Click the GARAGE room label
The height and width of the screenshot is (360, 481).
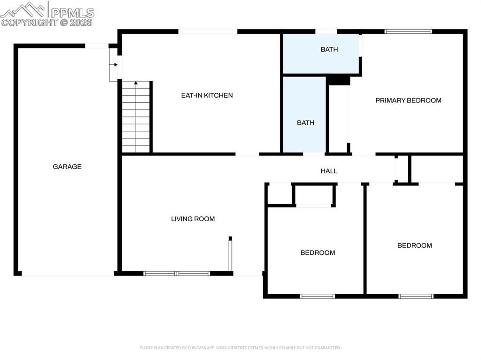click(x=67, y=167)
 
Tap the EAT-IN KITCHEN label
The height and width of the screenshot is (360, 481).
click(x=207, y=95)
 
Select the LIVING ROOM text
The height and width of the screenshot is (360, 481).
click(x=193, y=219)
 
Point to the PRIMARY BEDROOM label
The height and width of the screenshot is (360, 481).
click(x=408, y=100)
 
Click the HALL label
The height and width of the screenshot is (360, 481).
click(x=329, y=171)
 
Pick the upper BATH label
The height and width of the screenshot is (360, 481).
click(x=329, y=49)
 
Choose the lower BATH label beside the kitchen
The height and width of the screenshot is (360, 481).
click(x=305, y=123)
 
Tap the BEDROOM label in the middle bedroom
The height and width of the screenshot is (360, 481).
click(x=318, y=253)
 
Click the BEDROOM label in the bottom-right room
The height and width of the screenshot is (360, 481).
click(x=414, y=245)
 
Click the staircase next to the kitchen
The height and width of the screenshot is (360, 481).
click(x=136, y=120)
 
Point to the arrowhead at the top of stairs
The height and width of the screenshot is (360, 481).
click(x=136, y=83)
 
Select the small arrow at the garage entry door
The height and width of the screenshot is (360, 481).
click(x=115, y=65)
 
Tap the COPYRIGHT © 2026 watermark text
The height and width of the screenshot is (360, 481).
click(x=47, y=22)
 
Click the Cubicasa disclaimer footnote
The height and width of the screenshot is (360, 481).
click(x=240, y=348)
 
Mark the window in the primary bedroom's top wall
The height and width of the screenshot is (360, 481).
click(x=408, y=31)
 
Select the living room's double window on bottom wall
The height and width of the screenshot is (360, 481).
click(x=177, y=273)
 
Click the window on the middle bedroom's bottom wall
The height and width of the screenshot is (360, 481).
click(x=318, y=296)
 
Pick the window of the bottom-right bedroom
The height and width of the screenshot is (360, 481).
click(x=416, y=296)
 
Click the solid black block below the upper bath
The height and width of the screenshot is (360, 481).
click(x=338, y=81)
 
